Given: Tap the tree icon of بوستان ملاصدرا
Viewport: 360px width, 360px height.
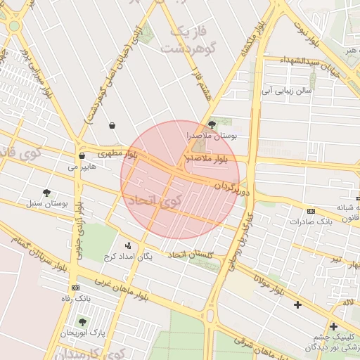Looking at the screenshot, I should (212, 124).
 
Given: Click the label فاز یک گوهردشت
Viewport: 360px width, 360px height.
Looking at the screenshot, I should (186, 40).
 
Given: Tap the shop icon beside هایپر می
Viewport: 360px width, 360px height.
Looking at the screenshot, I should (82, 155).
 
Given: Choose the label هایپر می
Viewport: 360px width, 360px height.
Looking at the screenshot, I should (83, 167).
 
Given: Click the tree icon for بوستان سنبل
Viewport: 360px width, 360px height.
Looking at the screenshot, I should (47, 192).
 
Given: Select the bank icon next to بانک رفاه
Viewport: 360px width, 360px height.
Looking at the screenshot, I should (75, 288).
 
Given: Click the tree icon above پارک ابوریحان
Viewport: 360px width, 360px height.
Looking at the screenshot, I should (82, 322).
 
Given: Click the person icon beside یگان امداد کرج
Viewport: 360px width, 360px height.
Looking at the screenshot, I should (128, 245).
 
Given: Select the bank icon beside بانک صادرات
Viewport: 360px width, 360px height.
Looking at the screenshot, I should (311, 210).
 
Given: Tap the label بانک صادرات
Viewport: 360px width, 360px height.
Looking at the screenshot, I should (310, 222).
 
